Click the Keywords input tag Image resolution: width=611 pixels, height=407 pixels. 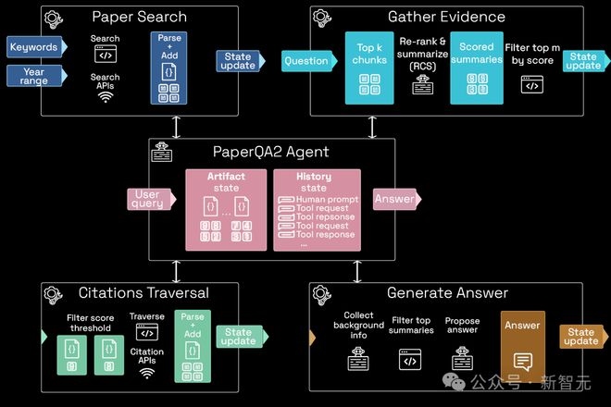(33, 47)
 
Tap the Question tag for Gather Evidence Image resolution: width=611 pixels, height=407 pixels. (306, 61)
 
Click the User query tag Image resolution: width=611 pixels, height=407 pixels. (148, 199)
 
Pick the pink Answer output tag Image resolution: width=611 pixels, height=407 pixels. (393, 199)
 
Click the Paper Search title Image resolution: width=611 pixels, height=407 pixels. (139, 17)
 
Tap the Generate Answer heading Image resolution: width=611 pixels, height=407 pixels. (447, 293)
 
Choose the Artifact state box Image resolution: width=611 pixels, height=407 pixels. (227, 210)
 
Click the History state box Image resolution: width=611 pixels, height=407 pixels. (314, 210)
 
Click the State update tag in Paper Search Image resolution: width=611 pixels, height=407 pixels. (238, 61)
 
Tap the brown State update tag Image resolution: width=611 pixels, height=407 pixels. (581, 337)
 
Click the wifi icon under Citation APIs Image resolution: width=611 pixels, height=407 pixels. (147, 373)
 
